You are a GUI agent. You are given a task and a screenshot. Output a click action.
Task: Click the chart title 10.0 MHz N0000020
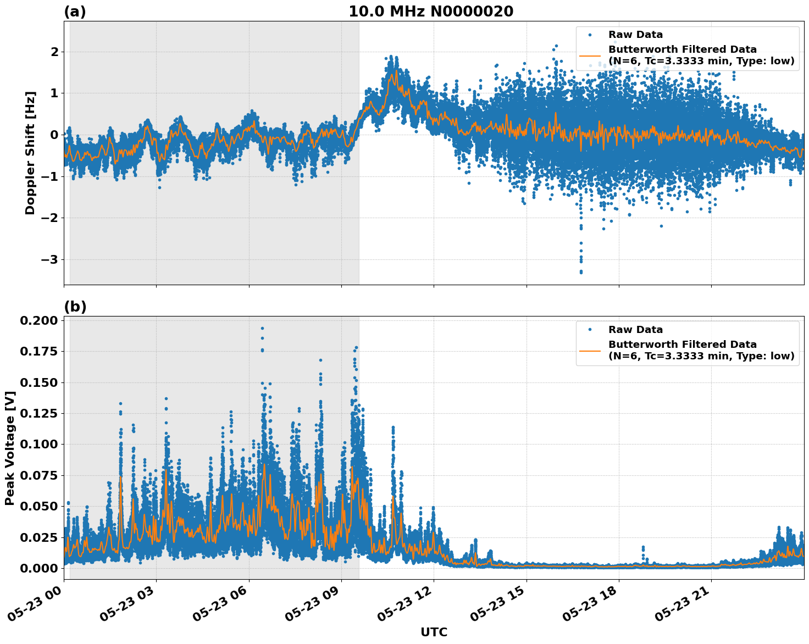(x=430, y=12)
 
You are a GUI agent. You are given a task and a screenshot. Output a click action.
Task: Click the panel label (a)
(x=75, y=12)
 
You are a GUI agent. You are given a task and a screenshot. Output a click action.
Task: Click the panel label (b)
(x=75, y=307)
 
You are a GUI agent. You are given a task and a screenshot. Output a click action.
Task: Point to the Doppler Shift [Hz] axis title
(x=30, y=153)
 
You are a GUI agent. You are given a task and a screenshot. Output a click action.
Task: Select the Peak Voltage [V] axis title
(x=9, y=448)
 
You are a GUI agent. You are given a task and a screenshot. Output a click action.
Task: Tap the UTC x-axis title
(x=434, y=632)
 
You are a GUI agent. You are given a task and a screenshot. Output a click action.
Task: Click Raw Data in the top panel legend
(x=635, y=35)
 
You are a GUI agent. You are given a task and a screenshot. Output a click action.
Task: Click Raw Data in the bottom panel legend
(x=635, y=330)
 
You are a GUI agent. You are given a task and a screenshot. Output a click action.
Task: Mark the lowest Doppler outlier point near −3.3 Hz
(x=581, y=272)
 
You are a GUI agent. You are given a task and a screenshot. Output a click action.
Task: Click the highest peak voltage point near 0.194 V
(x=262, y=328)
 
